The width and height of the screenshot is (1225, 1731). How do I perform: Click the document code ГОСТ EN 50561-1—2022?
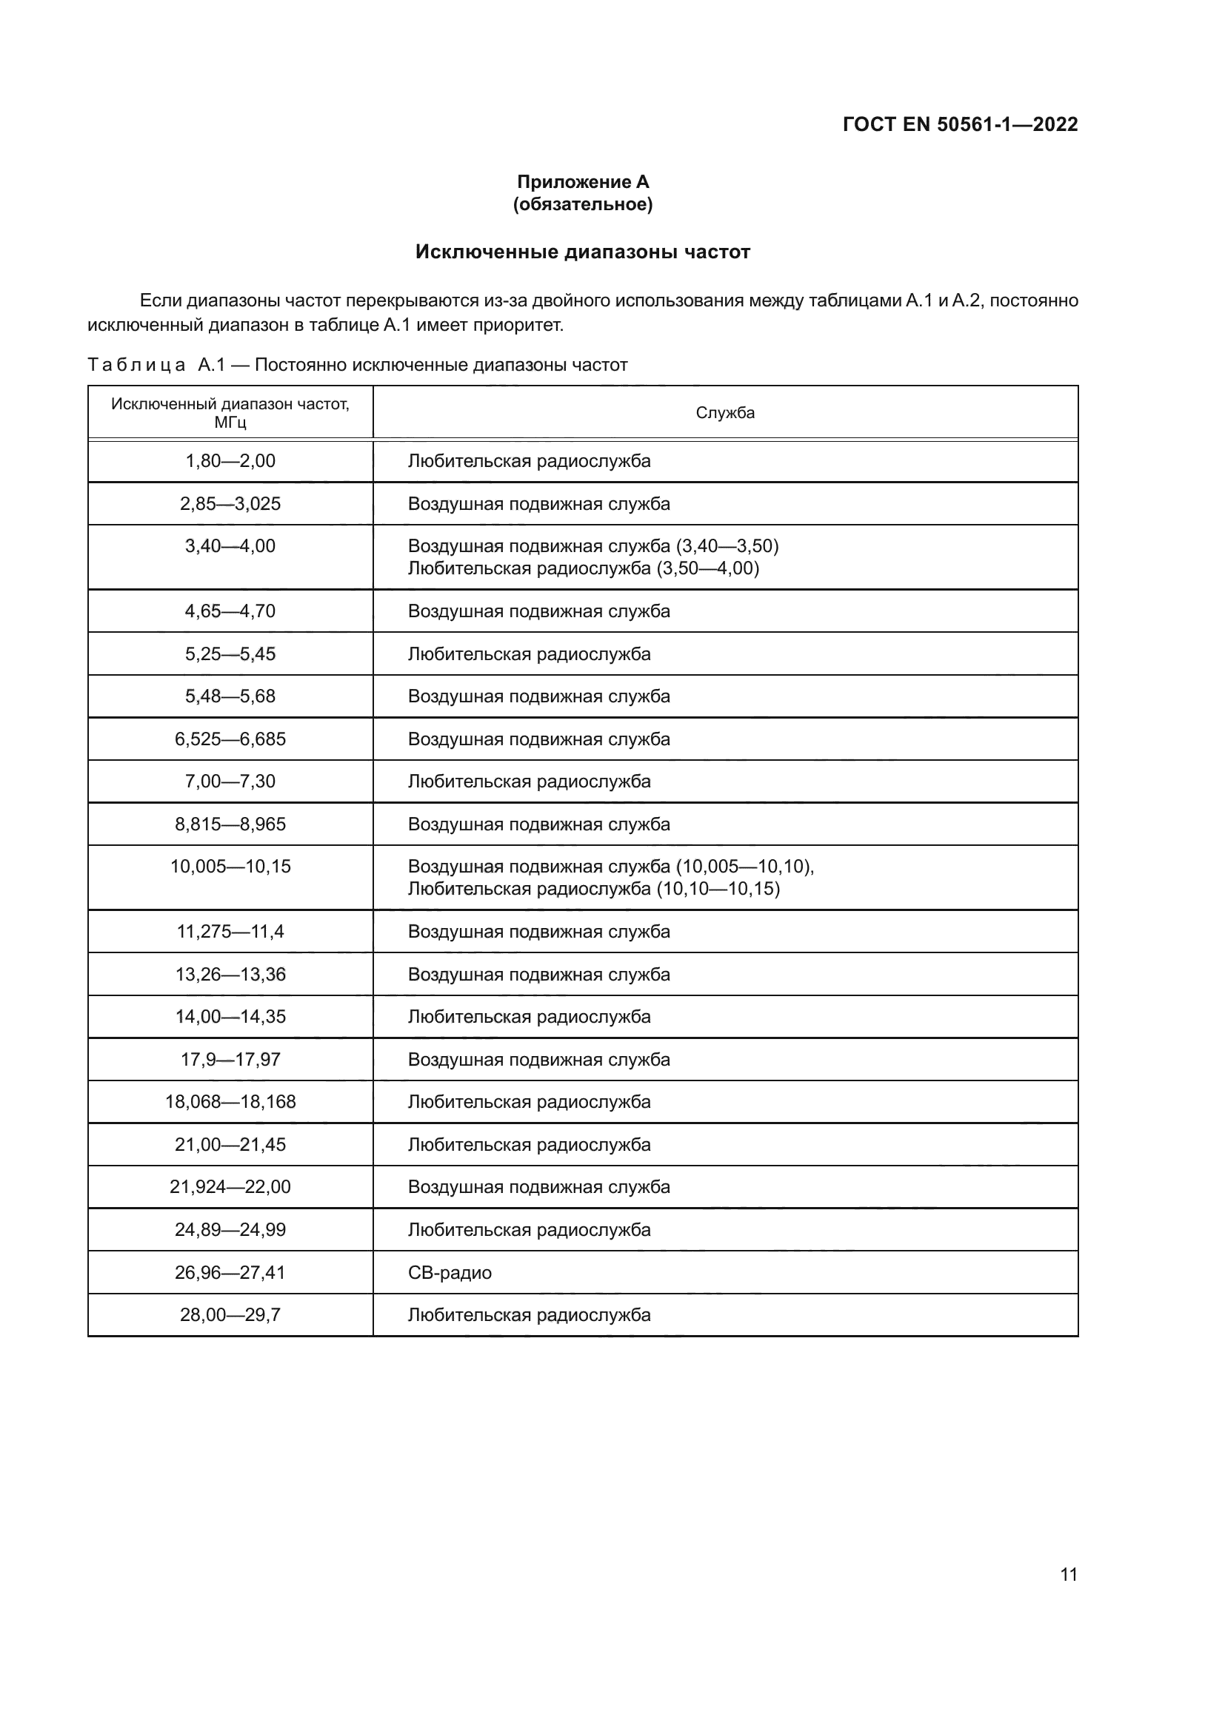[959, 124]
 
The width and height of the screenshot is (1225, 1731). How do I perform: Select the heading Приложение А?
[582, 182]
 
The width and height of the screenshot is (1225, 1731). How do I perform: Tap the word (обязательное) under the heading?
[582, 204]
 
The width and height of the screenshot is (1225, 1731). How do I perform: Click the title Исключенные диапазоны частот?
[582, 252]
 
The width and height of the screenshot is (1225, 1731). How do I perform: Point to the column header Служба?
[725, 412]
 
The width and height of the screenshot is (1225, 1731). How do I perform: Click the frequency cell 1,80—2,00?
[230, 460]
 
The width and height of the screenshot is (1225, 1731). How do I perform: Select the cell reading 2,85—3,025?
[230, 504]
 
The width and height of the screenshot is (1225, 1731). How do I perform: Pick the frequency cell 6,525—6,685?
[230, 739]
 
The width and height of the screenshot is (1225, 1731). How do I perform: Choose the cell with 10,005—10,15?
[230, 867]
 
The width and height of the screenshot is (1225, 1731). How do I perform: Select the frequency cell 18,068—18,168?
[230, 1101]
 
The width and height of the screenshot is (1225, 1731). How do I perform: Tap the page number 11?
[1068, 1574]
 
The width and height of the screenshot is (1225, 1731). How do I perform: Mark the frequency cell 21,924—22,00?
[230, 1186]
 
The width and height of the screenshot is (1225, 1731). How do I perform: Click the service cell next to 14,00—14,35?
[529, 1016]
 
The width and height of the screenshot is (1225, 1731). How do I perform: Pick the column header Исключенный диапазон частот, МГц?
[230, 412]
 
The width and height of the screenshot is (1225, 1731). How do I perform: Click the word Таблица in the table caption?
[136, 366]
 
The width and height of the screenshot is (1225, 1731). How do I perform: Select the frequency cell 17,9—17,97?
[230, 1059]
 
